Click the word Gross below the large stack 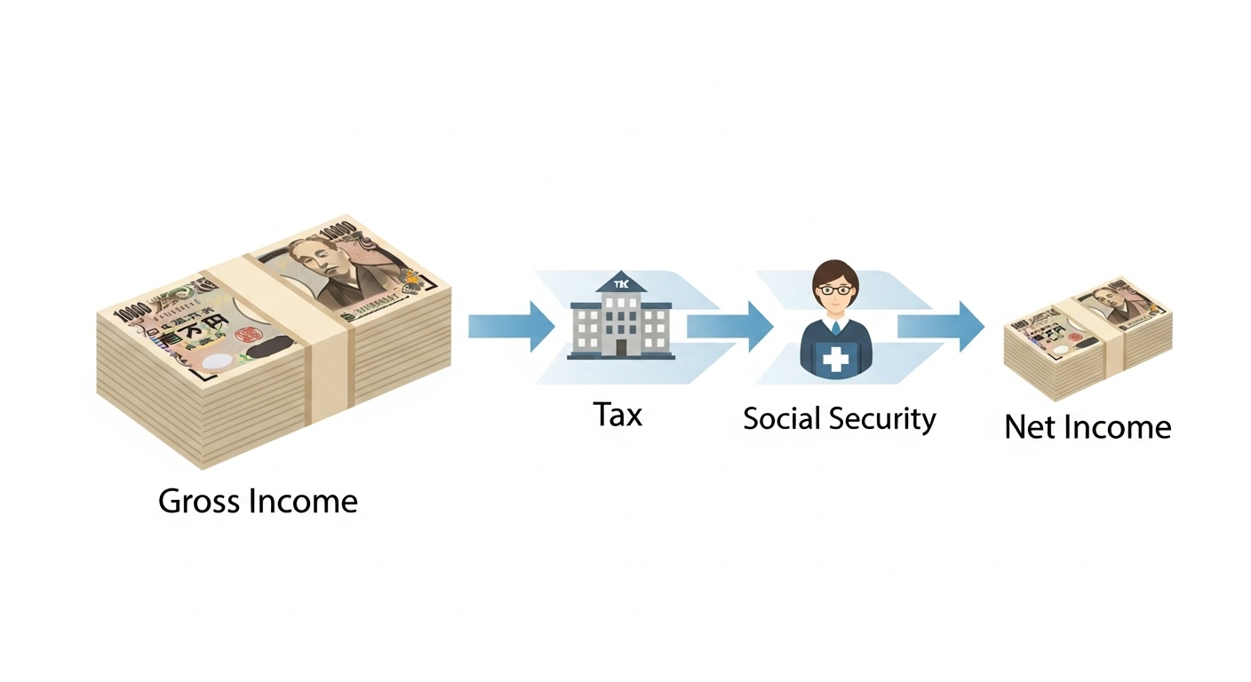(199, 502)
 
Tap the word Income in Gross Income (303, 502)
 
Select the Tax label (618, 414)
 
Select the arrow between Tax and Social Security (729, 326)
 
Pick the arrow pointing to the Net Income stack (940, 326)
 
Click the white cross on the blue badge (836, 360)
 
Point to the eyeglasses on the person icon (835, 289)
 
